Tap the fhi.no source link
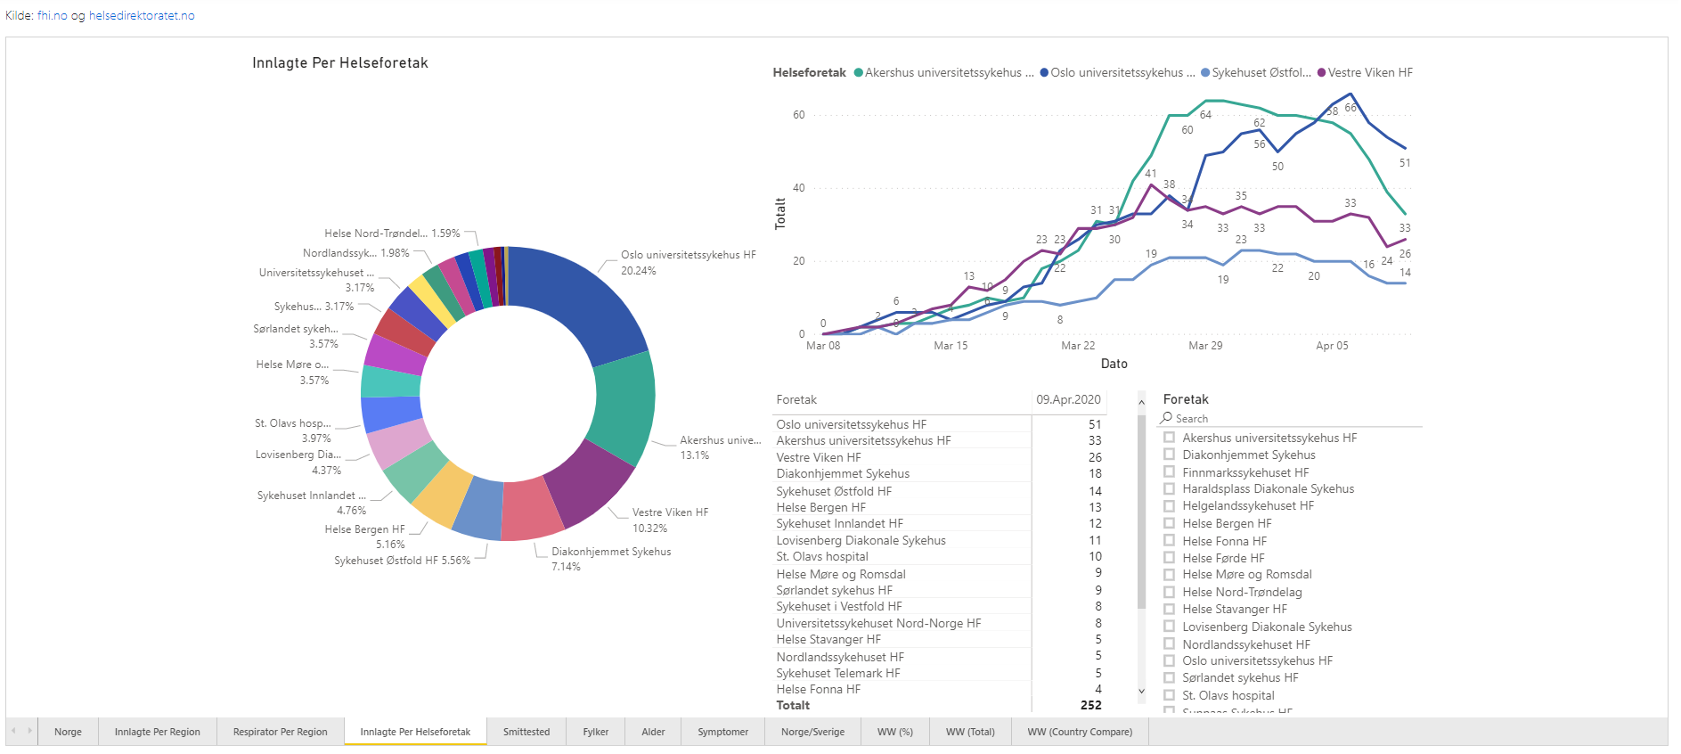(52, 16)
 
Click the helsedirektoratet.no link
(142, 16)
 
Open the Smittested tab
(526, 732)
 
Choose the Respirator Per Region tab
(280, 732)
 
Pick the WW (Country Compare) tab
(1080, 732)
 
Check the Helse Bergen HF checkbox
(1170, 523)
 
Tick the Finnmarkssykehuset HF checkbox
(1170, 472)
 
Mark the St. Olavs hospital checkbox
(1170, 695)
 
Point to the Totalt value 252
(1090, 705)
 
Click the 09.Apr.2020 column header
(1068, 400)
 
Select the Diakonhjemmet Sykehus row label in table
(843, 474)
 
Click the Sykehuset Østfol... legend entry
(1256, 73)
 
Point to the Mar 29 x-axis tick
(1205, 346)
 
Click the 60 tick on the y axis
(799, 115)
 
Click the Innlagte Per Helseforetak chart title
(340, 63)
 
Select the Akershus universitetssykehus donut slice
(624, 406)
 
